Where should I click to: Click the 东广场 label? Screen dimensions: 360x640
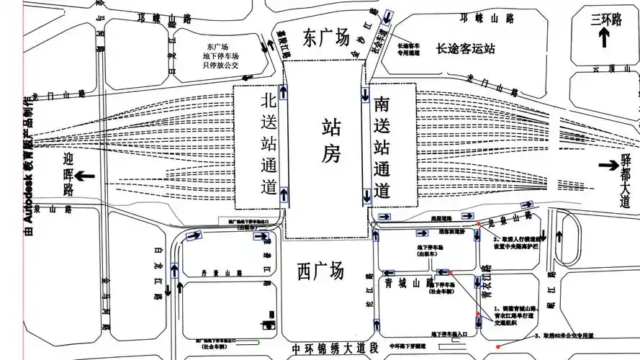[x=326, y=37]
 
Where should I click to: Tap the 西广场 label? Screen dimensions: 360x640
[x=321, y=271]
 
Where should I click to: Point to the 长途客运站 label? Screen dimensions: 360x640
[x=467, y=49]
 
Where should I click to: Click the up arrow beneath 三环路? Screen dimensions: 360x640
[x=605, y=39]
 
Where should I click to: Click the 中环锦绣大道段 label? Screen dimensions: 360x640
[x=335, y=349]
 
